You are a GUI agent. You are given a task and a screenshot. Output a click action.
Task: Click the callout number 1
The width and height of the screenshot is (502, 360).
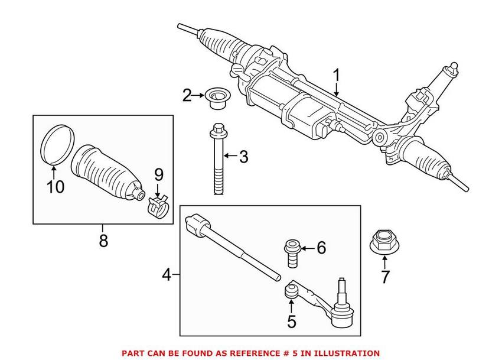pos(337,77)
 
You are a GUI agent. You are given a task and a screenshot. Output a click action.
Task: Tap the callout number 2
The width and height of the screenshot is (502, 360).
pos(187,95)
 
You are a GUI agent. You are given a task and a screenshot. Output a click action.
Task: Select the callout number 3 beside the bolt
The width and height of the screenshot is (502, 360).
pos(243,157)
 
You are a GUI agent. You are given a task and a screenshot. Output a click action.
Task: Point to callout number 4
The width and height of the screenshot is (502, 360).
pos(167,275)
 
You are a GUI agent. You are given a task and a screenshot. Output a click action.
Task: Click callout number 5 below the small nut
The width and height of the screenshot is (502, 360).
pos(291,323)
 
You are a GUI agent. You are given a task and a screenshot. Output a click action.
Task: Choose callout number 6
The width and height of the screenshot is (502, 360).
pos(321,248)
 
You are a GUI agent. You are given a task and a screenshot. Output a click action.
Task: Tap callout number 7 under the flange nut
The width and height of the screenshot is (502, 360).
pos(385,277)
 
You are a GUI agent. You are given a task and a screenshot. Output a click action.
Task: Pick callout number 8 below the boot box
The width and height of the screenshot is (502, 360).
pos(103,242)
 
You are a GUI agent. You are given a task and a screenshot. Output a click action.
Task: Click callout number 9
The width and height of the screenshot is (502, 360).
pos(158,175)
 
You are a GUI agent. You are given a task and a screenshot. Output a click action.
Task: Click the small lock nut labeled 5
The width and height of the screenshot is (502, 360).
pos(291,291)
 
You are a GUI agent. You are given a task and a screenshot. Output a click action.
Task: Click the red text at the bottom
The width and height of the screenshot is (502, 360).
pos(250,353)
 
